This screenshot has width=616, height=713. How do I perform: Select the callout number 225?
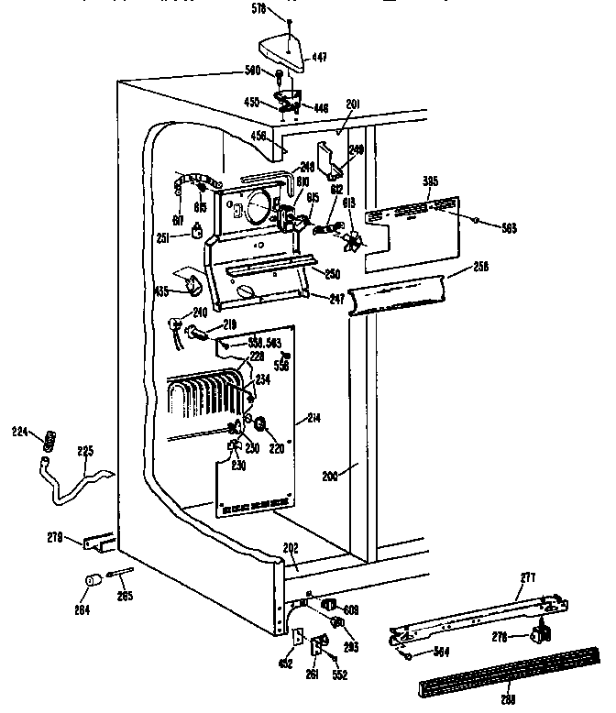click(x=84, y=450)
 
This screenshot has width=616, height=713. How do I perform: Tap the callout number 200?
click(x=331, y=477)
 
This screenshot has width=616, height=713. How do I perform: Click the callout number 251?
click(x=161, y=238)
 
